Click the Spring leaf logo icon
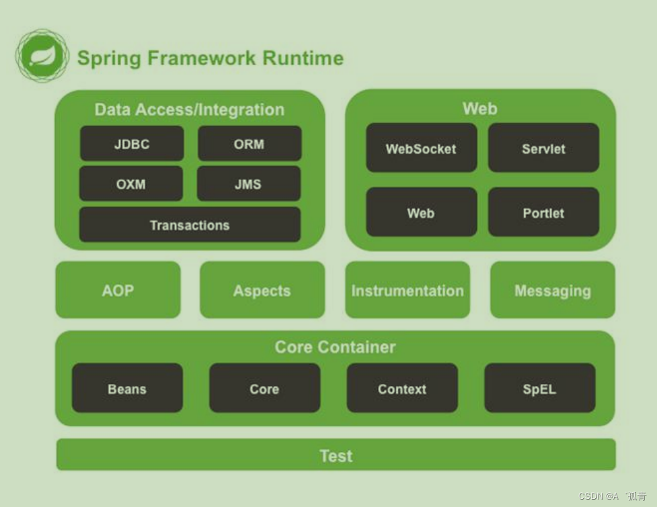42,56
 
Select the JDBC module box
132,144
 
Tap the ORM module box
249,144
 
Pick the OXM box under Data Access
131,184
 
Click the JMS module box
249,184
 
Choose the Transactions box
190,225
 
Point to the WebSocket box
421,148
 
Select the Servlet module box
543,148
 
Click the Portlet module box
543,213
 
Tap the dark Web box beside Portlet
421,213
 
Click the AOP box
118,290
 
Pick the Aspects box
262,290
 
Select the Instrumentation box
408,290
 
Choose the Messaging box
553,290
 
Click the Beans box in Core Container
127,389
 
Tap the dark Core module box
264,389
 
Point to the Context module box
402,389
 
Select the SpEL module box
539,389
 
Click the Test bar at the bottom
336,455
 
